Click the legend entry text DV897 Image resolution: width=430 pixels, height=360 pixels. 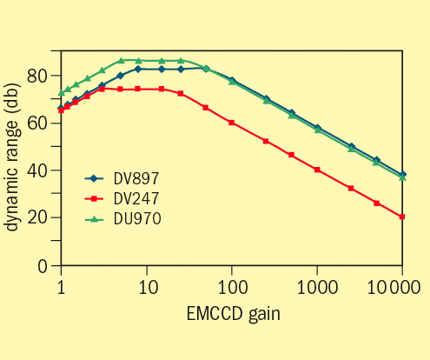(136, 178)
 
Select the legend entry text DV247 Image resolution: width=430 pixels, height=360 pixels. (136, 197)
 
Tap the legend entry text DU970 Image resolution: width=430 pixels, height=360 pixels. (136, 217)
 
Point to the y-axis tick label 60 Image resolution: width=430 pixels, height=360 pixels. (36, 123)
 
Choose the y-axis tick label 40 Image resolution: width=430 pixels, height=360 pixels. (36, 170)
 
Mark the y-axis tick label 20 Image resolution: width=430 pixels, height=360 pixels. (36, 217)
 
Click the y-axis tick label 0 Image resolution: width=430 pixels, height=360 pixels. (42, 265)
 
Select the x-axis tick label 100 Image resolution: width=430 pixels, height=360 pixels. (231, 286)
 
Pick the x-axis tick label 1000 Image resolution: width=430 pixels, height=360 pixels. (316, 286)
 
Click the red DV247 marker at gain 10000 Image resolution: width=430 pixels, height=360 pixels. (401, 217)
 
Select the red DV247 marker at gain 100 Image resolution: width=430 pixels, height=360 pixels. (231, 123)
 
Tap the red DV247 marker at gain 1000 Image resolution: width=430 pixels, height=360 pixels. (316, 170)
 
